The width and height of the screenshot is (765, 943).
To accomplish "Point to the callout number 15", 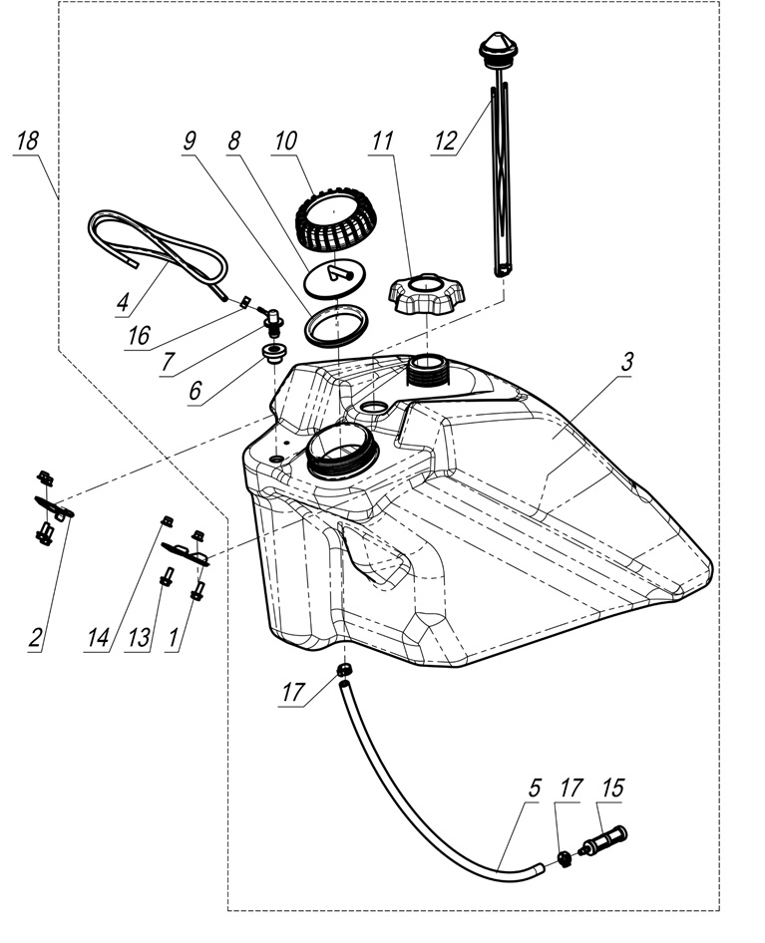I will [612, 787].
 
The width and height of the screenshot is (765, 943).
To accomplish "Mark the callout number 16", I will [139, 336].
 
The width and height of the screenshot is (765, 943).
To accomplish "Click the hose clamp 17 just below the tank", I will [346, 669].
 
